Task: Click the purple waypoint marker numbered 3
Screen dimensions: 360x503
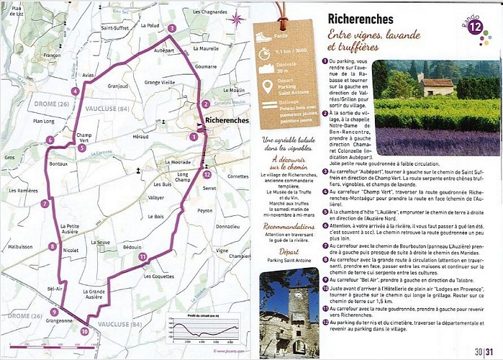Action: point(171,29)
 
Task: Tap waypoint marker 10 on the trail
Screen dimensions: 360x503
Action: point(84,331)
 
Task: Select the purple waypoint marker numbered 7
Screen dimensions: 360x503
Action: point(45,204)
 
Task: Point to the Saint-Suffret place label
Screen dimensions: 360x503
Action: point(114,28)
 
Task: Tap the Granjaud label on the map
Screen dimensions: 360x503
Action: point(117,86)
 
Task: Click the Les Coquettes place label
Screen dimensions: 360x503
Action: point(158,276)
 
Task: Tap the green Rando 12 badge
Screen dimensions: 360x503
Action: point(474,27)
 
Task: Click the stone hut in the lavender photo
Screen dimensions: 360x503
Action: point(438,87)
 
